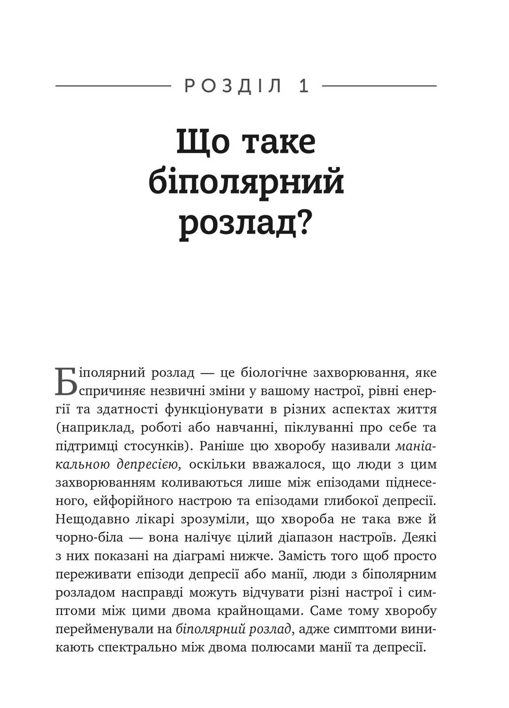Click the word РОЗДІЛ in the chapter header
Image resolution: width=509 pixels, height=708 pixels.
[x=233, y=86]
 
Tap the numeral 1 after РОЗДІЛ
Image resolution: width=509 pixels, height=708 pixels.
[x=304, y=86]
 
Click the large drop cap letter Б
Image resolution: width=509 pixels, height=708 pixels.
[x=66, y=381]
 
